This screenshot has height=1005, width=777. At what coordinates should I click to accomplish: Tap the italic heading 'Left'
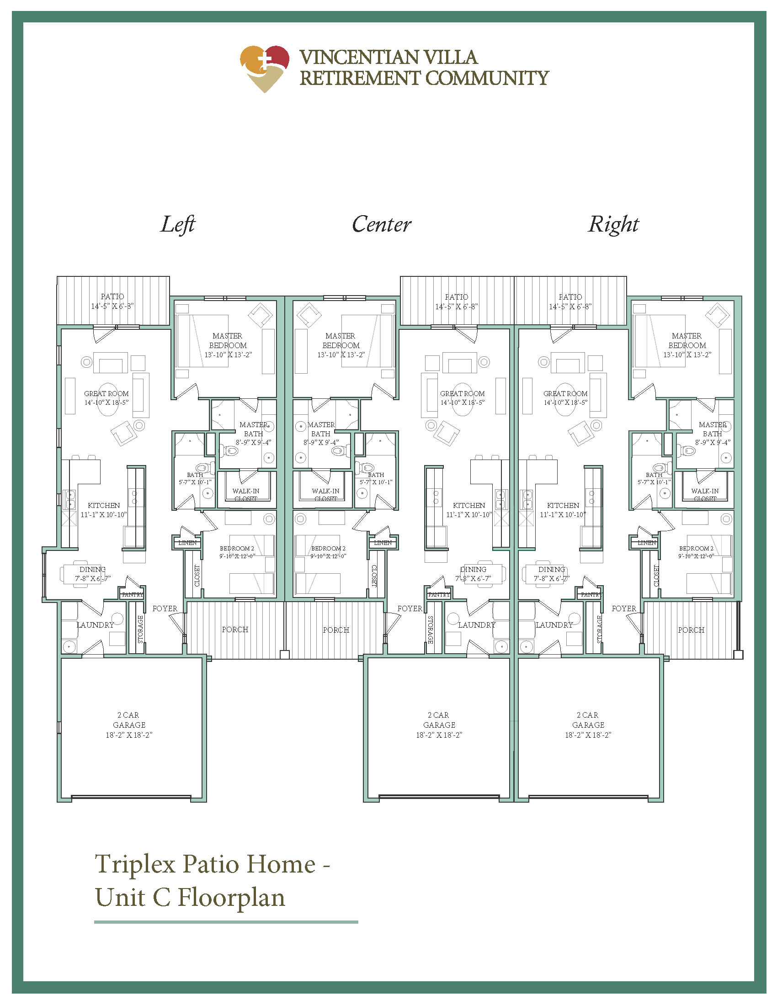178,225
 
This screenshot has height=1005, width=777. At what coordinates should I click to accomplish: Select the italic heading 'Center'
382,225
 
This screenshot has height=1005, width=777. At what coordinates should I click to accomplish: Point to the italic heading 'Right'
613,225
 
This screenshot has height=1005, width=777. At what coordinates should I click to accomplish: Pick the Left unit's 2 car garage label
129,725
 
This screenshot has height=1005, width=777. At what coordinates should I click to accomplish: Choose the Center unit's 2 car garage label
439,725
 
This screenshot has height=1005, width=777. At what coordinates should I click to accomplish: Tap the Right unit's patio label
570,301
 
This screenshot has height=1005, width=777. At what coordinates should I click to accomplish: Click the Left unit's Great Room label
106,397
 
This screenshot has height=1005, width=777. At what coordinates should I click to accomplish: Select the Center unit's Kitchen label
469,510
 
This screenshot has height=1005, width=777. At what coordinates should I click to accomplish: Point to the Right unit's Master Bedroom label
687,345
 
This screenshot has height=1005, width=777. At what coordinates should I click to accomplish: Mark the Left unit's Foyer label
165,608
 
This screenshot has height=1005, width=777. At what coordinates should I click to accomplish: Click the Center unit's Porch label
336,630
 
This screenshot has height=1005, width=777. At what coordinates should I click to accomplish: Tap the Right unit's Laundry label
554,625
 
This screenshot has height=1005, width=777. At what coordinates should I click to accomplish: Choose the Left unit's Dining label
92,574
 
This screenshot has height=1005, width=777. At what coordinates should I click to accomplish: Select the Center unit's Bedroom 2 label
328,552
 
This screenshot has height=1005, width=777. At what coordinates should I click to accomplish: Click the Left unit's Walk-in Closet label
246,495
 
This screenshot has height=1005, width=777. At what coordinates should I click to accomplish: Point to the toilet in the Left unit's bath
203,468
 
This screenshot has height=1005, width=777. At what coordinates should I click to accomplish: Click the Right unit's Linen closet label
647,543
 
